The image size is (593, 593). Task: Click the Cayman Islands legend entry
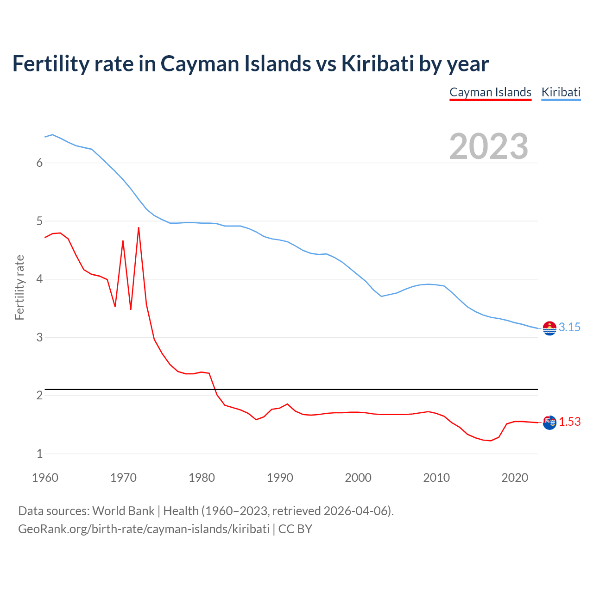point(490,92)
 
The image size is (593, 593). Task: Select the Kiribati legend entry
point(561,92)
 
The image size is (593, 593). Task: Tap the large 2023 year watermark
point(488,146)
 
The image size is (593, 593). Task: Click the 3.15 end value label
point(569,327)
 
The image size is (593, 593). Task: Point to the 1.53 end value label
point(569,422)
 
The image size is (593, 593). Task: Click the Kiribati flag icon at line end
point(549,328)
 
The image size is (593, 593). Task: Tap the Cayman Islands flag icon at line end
point(549,423)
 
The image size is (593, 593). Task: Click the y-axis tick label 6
point(39,163)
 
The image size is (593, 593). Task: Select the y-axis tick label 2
point(39,395)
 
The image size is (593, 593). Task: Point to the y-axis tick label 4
point(39,279)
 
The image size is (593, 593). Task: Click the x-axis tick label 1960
point(45,478)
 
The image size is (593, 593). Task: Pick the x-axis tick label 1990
point(280,478)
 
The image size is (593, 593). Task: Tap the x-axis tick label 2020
point(515,478)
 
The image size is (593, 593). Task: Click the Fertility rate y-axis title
point(19,287)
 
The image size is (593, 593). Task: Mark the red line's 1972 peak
point(139,227)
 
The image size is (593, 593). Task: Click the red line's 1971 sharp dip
point(131,309)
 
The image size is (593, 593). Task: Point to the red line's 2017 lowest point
point(491,441)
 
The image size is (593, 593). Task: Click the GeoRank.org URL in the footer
point(144,529)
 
